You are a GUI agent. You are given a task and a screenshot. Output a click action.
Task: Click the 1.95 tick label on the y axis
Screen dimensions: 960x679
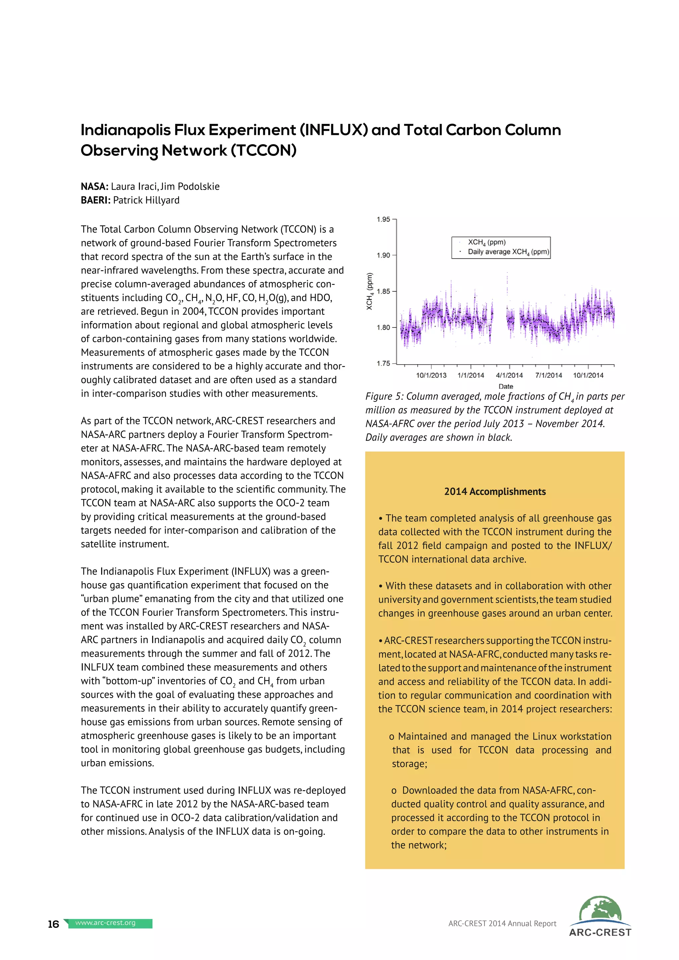[x=383, y=219]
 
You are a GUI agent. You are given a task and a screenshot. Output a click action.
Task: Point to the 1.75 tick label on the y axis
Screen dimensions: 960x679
[x=383, y=363]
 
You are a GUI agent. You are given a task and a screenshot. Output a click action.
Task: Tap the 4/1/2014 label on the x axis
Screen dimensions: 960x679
[x=509, y=376]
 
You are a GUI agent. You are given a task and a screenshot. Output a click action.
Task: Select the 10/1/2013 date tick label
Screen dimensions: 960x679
[x=431, y=376]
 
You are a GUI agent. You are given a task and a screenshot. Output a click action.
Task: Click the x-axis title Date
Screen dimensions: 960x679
[x=506, y=386]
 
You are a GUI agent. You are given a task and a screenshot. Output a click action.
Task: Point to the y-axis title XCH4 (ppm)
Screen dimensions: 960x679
[x=370, y=291]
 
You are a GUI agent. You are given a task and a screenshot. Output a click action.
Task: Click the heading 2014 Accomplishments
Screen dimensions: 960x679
[x=495, y=492]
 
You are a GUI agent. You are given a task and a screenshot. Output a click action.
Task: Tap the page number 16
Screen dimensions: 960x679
[x=53, y=924]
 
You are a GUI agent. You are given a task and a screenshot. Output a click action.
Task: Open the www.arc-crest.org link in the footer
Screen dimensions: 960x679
[x=105, y=923]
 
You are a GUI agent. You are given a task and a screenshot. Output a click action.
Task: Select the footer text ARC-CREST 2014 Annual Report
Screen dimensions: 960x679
[x=502, y=924]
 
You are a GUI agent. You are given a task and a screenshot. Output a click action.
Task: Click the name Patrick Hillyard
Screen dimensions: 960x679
[x=146, y=200]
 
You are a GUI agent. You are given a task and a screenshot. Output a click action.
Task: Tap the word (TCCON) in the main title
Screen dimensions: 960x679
[x=264, y=150]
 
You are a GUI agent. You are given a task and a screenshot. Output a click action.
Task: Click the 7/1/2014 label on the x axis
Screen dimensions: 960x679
[x=549, y=376]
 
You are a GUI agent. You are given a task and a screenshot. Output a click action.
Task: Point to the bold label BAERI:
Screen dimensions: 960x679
[x=96, y=200]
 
